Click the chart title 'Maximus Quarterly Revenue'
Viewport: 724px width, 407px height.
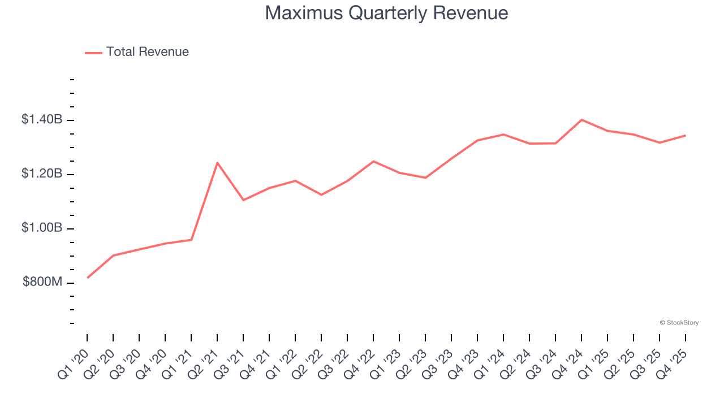[386, 13]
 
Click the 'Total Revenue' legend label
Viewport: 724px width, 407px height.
[147, 52]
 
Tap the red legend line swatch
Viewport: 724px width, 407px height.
[93, 53]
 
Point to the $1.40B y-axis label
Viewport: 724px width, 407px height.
[42, 120]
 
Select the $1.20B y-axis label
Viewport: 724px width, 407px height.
[42, 174]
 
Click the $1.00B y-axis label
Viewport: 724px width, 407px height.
[42, 228]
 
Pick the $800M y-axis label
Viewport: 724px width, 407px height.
[42, 282]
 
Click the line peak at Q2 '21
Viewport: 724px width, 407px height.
[217, 163]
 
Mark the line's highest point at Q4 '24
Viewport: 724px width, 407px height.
[581, 120]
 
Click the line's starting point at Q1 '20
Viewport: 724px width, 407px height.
[88, 278]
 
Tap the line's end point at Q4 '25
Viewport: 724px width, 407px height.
[686, 135]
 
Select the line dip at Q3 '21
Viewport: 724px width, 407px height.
[243, 200]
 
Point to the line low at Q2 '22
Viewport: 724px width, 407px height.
[321, 194]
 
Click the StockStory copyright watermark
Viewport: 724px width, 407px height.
[679, 323]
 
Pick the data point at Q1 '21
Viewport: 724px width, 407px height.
[191, 240]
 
